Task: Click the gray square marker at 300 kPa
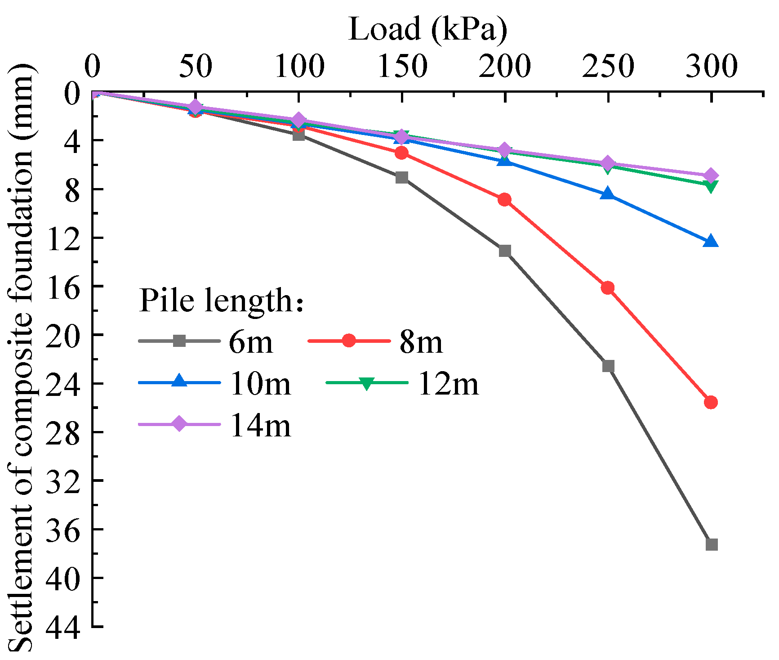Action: [x=711, y=544]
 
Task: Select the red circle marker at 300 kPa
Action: [x=711, y=402]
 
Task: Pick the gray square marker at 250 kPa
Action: [x=608, y=366]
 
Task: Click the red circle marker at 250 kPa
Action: [x=608, y=288]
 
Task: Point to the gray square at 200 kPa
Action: [x=505, y=251]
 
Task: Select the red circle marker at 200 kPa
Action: [x=504, y=199]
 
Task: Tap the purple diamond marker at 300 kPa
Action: [x=711, y=175]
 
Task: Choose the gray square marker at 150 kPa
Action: [x=402, y=177]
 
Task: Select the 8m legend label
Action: [x=421, y=342]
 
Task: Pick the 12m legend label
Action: [x=448, y=384]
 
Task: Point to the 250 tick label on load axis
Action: [x=608, y=66]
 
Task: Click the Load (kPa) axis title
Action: [x=427, y=29]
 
